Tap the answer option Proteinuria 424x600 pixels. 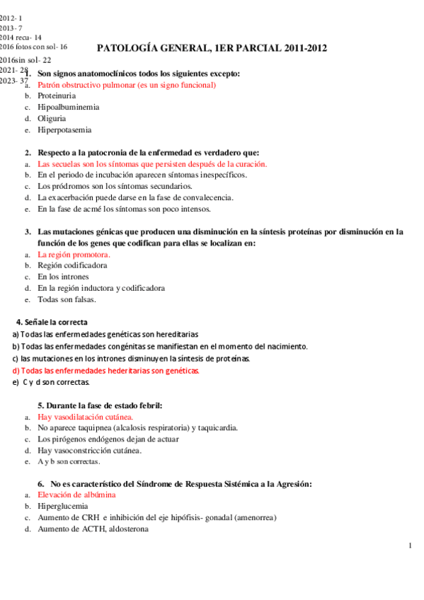(59, 96)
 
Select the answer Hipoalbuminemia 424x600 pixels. (69, 108)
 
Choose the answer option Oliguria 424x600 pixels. (52, 119)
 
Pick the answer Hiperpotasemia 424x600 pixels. (64, 130)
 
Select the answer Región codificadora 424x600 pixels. (72, 265)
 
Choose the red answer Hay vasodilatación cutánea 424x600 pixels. (85, 417)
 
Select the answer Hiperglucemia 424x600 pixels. (63, 507)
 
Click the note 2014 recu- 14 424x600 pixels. (21, 37)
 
